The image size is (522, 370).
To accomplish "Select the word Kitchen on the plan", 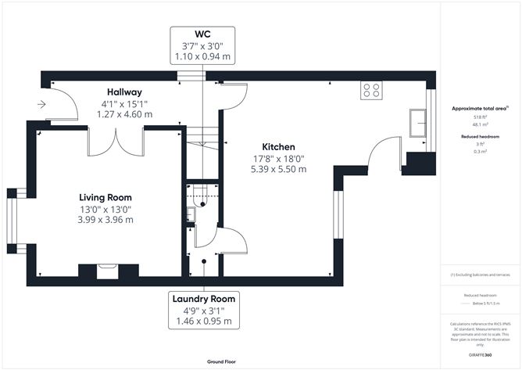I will [x=278, y=146].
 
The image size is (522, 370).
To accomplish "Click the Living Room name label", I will [x=105, y=197].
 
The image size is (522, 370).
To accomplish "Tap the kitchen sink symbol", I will [x=418, y=124].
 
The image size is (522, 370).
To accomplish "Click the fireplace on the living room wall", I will [x=98, y=271].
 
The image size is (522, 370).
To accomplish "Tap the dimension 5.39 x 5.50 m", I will [x=277, y=168].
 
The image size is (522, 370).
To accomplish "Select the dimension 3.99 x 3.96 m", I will [x=105, y=220].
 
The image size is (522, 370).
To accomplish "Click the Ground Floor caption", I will [x=222, y=362].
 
